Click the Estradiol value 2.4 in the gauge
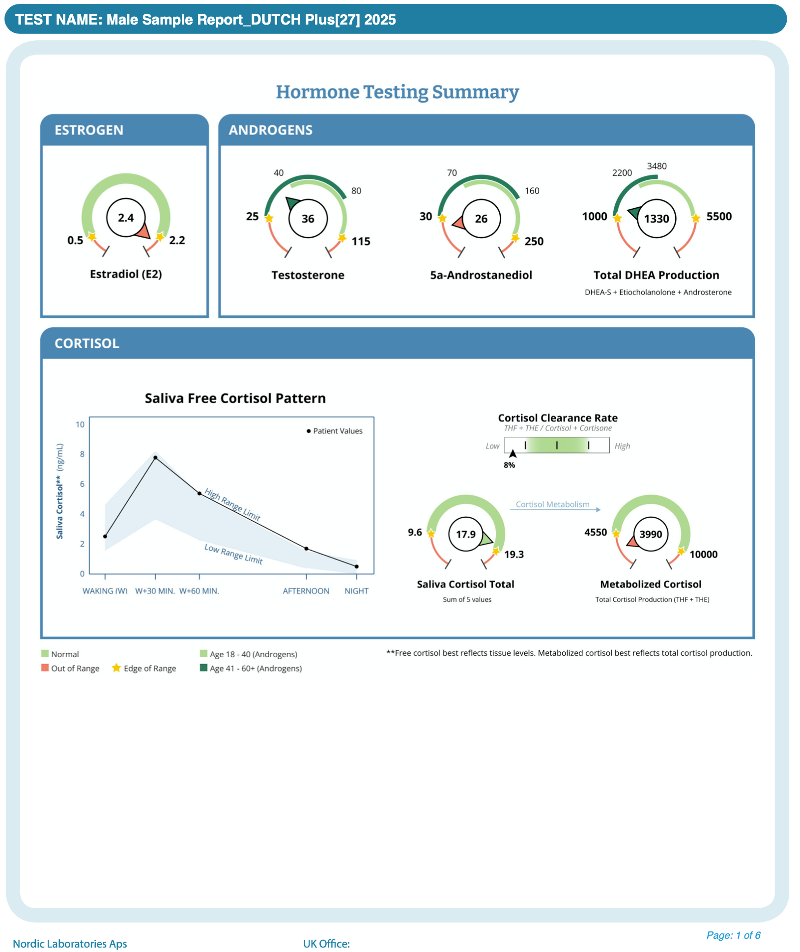coord(126,218)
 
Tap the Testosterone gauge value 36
coord(308,219)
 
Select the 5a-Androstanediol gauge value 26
coord(481,219)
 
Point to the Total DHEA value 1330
coord(657,219)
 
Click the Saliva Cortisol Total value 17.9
coord(466,534)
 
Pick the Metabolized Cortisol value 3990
coord(651,534)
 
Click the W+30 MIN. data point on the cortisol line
coord(155,457)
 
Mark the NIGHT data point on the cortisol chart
coord(357,566)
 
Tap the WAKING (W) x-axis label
coord(105,591)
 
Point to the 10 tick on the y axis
coord(80,424)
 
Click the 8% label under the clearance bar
coord(509,465)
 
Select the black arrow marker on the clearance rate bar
coord(513,453)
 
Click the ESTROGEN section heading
coord(89,130)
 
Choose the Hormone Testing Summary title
coord(397,92)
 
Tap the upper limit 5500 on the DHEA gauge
coord(719,217)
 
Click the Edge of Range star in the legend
coord(116,668)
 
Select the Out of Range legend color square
coord(45,668)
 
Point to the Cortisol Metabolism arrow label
coord(552,504)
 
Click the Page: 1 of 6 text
coord(733,935)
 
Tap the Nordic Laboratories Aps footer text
coord(70,944)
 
